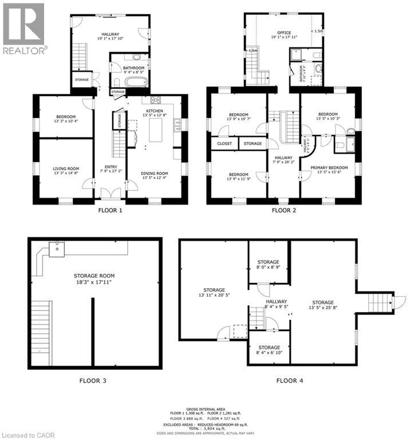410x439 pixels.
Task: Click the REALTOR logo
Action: (x=23, y=29)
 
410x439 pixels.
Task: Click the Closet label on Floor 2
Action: (x=224, y=143)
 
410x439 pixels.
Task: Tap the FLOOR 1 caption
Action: (x=110, y=210)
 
